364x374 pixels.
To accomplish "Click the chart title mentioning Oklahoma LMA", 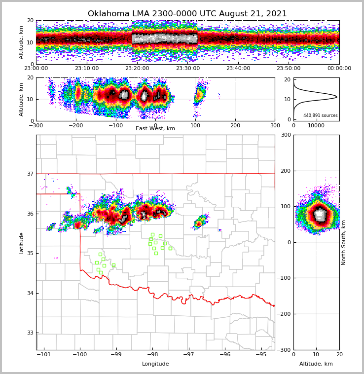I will tap(187, 14).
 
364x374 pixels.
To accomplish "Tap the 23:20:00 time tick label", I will tap(137, 69).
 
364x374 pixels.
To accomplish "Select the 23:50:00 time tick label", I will tap(289, 69).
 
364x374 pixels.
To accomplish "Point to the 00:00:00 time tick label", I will tap(339, 69).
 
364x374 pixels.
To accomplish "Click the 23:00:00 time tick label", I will tap(36, 69).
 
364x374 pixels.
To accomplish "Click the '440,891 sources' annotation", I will tap(321, 115).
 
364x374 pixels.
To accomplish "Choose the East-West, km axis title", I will tap(155, 129).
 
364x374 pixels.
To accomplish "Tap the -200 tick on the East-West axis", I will tap(76, 125).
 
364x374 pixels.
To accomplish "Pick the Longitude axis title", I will tap(155, 364).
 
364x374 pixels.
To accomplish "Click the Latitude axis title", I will tap(21, 243).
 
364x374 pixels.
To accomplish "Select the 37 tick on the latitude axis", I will tap(30, 174).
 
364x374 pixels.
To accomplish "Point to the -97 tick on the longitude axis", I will tap(188, 354).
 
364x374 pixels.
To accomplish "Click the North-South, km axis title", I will tap(344, 242).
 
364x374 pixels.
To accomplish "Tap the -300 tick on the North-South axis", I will tap(285, 350).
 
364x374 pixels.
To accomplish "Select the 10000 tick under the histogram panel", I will tap(316, 125).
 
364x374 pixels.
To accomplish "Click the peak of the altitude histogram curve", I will tap(337, 97).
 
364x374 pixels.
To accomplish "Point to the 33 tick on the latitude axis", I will tap(30, 333).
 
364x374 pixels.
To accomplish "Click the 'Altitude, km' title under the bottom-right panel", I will tap(316, 364).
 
